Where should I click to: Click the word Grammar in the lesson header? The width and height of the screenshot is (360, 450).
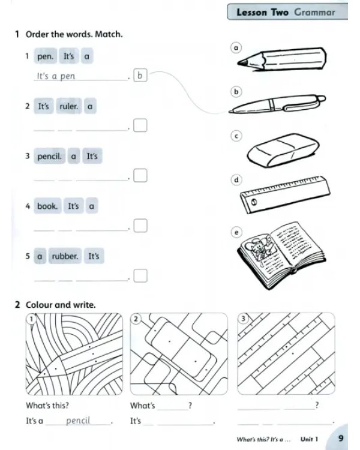pos(314,13)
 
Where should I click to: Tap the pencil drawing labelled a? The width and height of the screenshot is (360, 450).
pos(281,59)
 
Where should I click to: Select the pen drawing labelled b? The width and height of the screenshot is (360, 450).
pos(277,104)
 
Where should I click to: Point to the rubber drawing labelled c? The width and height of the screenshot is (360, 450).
pos(283,151)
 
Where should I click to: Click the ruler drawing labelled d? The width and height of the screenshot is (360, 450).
pos(285,194)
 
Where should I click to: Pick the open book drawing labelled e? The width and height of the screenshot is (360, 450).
pos(281,256)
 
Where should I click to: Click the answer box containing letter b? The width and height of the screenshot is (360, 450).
pos(140,75)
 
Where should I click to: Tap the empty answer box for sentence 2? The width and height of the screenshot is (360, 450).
pos(140,125)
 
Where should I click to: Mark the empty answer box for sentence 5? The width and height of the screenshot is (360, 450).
pos(140,275)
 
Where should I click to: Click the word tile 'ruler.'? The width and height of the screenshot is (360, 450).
pos(69,106)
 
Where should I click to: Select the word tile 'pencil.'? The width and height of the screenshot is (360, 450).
pos(50,156)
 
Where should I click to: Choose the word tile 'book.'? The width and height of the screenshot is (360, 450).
pos(47,206)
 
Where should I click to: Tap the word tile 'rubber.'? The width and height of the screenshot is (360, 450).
pos(65,256)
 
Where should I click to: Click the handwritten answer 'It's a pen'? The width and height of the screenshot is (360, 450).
pos(56,76)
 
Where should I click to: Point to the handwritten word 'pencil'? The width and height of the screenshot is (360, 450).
pos(78,421)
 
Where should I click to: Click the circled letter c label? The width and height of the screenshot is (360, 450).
pos(236,136)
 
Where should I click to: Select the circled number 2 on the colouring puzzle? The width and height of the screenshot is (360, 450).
pos(136,319)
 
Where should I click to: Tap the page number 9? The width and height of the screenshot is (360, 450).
pos(341,438)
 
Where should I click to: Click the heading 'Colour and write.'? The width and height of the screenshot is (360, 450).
pos(61,305)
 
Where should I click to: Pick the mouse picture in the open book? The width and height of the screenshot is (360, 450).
pos(260,247)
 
